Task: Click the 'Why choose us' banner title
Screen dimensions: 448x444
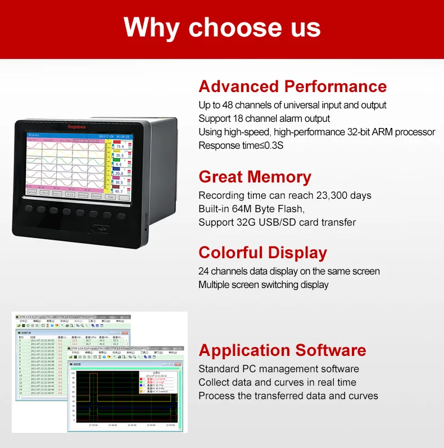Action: click(222, 28)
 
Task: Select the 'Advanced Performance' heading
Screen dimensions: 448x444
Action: click(292, 86)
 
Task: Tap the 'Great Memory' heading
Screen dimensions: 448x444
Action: click(255, 177)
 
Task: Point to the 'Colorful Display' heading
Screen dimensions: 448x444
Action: click(262, 253)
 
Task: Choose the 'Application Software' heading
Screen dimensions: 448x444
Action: click(282, 350)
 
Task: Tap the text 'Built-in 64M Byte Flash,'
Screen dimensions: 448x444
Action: click(251, 209)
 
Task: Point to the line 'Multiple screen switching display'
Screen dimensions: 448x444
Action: click(263, 285)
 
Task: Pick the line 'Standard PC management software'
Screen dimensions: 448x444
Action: click(278, 369)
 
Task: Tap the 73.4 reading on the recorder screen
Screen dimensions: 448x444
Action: click(119, 147)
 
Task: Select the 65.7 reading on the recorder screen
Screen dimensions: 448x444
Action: click(119, 191)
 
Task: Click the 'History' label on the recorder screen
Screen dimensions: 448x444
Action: click(34, 135)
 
